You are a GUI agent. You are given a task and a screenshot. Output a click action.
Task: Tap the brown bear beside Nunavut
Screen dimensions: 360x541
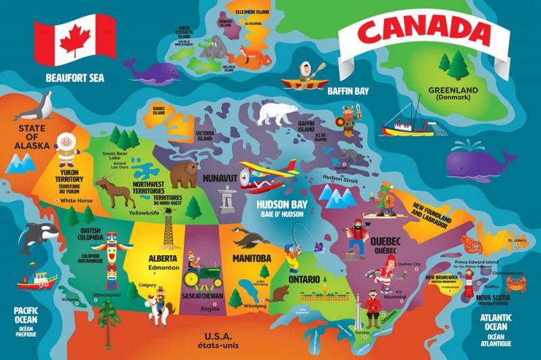[183, 175]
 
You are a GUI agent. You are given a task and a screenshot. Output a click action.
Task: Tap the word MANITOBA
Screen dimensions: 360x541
[252, 258]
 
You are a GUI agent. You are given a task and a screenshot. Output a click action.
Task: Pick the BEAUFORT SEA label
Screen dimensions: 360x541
[75, 78]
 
